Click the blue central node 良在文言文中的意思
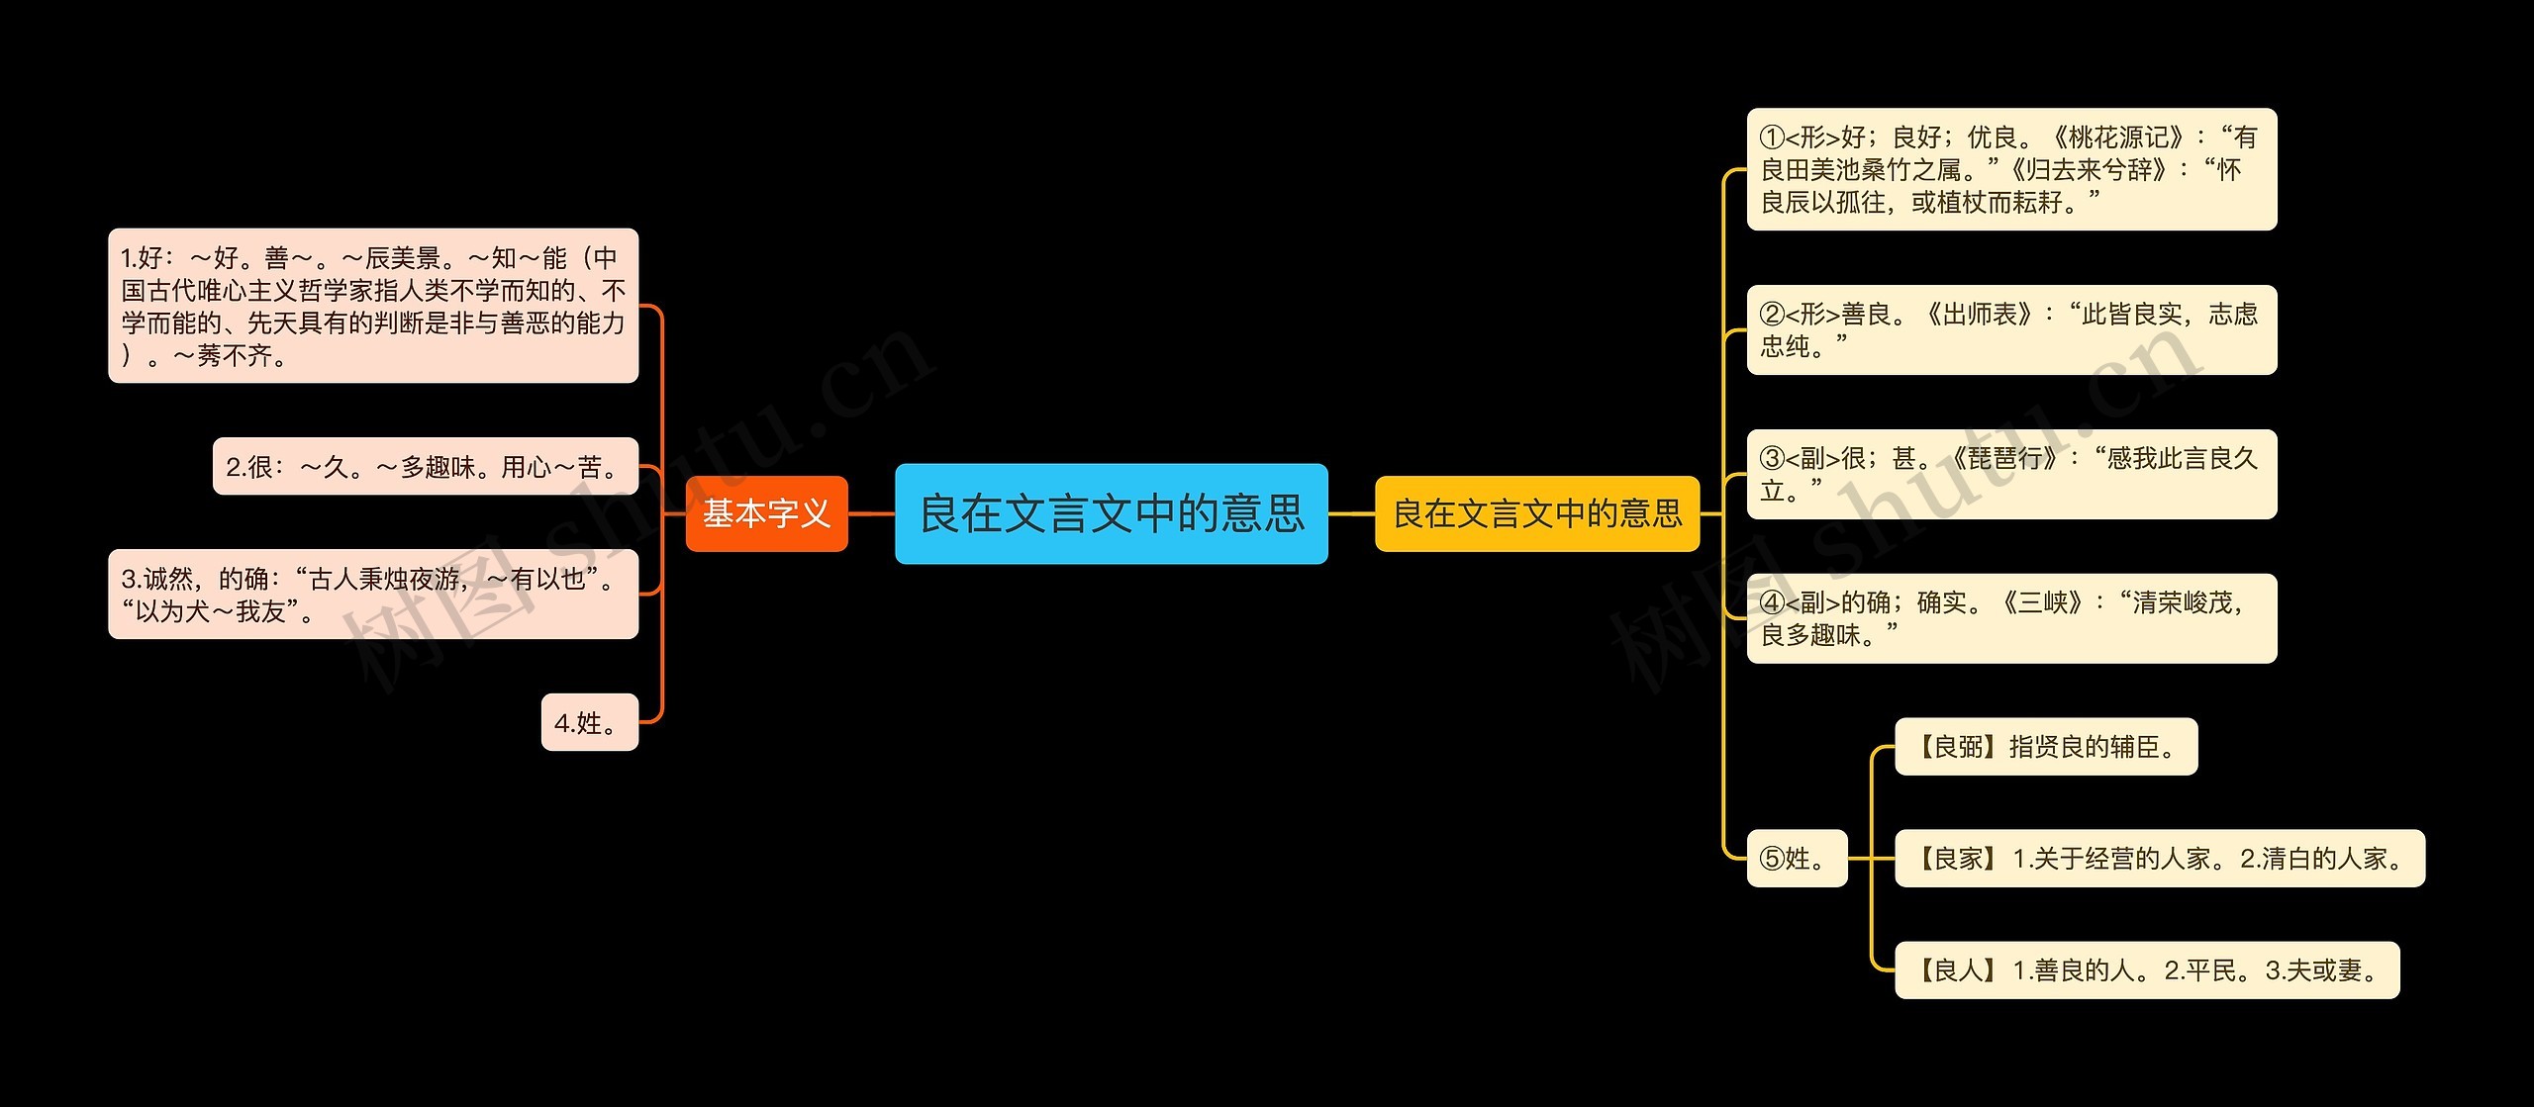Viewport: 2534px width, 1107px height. tap(1111, 513)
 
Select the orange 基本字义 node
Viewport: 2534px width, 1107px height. tap(766, 513)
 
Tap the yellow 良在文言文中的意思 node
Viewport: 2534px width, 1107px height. tap(1536, 513)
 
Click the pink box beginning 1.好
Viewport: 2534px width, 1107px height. tap(372, 306)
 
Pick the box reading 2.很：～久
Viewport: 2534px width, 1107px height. tap(425, 466)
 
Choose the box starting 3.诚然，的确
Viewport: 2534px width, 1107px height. tap(372, 594)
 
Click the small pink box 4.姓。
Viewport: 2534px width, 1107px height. tap(589, 722)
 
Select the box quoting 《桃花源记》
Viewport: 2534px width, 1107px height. tap(2010, 169)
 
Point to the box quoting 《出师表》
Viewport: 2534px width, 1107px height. tap(2010, 329)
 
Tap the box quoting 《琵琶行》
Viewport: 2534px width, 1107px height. tap(2010, 474)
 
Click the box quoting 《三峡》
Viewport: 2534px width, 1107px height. tap(2010, 618)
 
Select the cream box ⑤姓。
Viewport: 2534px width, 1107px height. tap(1796, 858)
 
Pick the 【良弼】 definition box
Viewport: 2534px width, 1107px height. tap(2045, 746)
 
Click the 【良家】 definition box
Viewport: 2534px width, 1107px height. tap(2159, 858)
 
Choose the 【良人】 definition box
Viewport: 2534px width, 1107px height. tap(2146, 969)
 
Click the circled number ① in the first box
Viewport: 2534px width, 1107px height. tap(1772, 138)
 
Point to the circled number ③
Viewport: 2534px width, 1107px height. tap(1772, 459)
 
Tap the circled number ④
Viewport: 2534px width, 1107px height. tap(1772, 603)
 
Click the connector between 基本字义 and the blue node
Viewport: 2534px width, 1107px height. tap(871, 513)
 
